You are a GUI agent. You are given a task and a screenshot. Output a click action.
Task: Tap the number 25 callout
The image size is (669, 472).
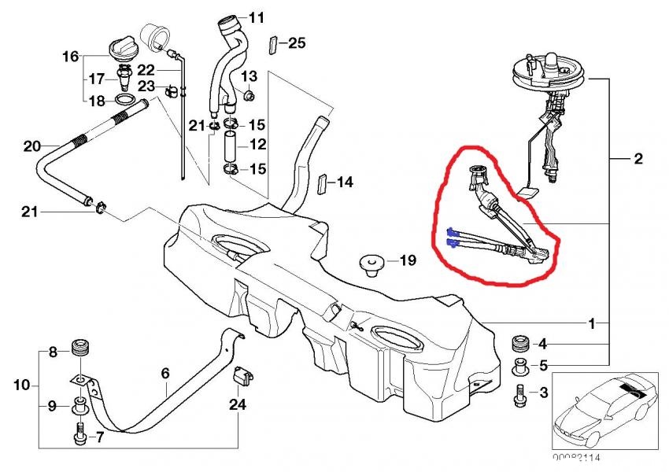coord(296,43)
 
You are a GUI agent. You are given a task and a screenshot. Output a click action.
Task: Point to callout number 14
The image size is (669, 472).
coord(344,183)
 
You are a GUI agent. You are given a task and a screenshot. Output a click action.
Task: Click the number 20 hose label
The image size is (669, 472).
coord(31,146)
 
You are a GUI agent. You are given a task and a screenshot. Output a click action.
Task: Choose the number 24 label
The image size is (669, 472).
coord(238,405)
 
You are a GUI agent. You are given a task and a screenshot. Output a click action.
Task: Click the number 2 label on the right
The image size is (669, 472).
coord(638,159)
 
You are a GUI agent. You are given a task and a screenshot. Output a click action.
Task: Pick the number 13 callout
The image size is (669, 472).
coord(249,76)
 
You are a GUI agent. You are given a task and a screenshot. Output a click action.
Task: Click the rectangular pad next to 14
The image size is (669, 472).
coord(321,184)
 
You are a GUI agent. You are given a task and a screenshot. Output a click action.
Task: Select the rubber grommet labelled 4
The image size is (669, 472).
coord(519,343)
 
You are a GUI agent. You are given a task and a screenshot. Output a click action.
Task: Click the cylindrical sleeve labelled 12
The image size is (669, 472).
coord(230,147)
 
